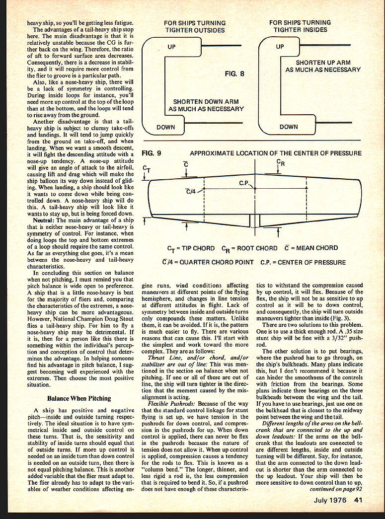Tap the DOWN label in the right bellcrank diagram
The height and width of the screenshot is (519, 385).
point(289,127)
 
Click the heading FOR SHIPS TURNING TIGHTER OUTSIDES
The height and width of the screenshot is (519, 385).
point(195,26)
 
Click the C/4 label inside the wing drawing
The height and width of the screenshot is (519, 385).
point(191,192)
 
